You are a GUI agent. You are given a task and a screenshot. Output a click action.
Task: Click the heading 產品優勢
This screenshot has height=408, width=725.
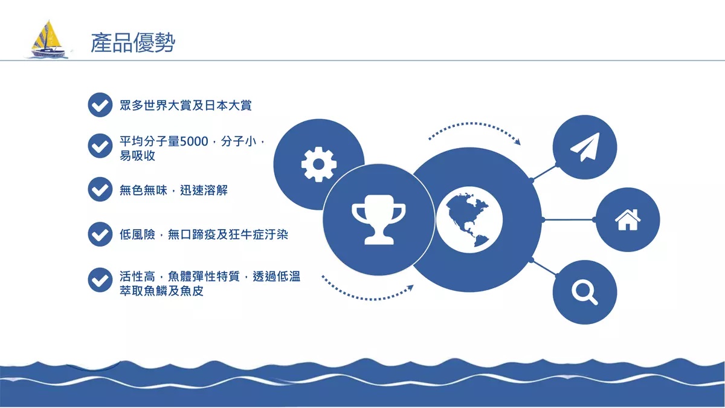coord(133,43)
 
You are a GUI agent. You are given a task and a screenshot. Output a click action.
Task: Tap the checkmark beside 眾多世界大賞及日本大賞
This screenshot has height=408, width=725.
coord(100,105)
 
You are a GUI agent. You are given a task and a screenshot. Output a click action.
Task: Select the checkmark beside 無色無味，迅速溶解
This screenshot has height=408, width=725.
coord(100,189)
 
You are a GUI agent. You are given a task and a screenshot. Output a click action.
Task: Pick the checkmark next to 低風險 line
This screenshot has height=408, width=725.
coord(100,234)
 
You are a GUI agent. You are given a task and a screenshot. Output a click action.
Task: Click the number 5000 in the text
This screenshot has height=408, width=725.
coord(194,141)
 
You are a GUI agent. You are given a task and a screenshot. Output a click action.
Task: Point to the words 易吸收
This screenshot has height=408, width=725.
coord(137,156)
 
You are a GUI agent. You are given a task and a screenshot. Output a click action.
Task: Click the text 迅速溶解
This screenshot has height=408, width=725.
coord(204,190)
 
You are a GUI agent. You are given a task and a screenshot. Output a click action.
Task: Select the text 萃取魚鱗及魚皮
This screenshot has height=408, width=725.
coord(161,291)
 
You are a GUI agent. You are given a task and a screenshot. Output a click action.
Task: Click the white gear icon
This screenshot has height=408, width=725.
coord(319,164)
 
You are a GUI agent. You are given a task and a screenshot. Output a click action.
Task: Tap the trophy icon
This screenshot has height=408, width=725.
coord(379,219)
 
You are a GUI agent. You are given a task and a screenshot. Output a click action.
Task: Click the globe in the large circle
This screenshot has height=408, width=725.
coord(469,219)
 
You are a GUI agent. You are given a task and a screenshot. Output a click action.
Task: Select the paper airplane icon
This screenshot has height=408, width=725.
coord(585,147)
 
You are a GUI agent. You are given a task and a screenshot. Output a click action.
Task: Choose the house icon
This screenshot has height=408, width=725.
coord(628,220)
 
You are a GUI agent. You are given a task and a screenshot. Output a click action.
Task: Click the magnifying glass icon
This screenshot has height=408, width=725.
coord(585,293)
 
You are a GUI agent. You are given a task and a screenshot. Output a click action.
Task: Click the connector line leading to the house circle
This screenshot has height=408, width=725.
coord(569,219)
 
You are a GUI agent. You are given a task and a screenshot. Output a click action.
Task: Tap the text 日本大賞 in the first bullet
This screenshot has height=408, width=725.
coord(228,105)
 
